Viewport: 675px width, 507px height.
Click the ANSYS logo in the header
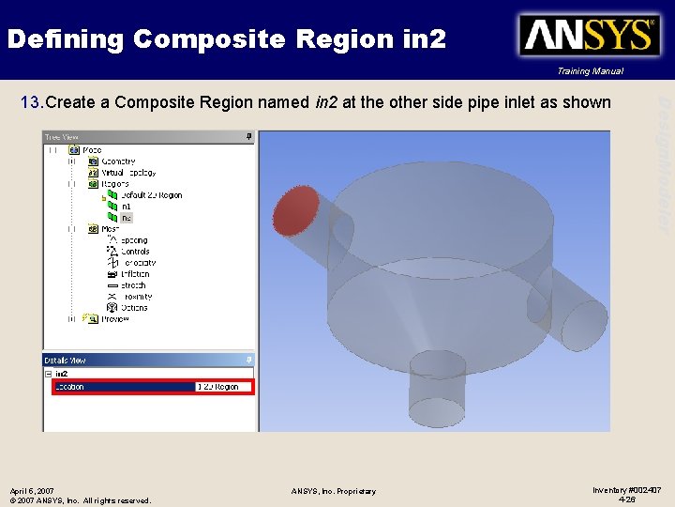coord(588,37)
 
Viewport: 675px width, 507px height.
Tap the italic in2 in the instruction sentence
coord(326,102)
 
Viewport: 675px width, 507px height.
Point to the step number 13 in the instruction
coord(31,102)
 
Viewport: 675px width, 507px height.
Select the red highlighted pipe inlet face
coord(296,210)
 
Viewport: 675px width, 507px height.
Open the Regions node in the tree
coord(115,184)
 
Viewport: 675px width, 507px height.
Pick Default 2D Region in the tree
coord(151,195)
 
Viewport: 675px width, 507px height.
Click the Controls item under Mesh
coord(135,252)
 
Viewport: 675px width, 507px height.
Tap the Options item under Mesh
coord(133,308)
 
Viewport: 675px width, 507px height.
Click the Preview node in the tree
coord(114,319)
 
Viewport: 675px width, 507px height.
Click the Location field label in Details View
coord(70,387)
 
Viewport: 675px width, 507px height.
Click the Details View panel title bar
coord(141,360)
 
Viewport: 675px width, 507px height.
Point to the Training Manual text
coord(589,71)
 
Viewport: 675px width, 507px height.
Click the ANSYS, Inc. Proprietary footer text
coord(333,491)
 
